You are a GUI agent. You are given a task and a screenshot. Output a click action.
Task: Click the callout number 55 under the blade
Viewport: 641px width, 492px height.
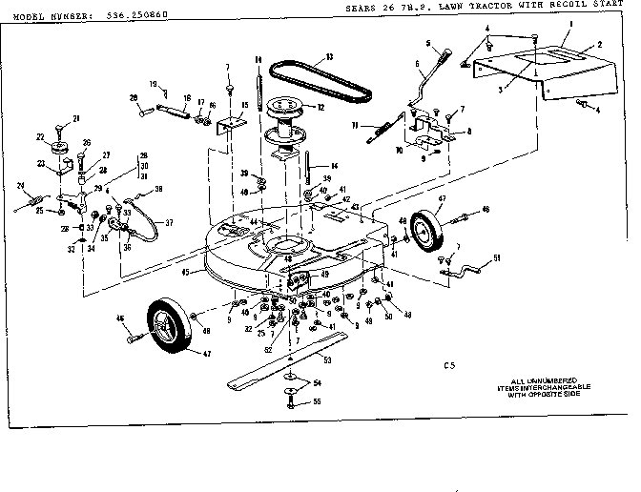(x=318, y=403)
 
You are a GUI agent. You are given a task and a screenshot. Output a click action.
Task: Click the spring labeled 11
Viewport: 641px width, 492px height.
(x=380, y=131)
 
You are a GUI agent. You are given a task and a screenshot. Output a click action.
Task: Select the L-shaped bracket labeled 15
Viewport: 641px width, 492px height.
(x=232, y=126)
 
